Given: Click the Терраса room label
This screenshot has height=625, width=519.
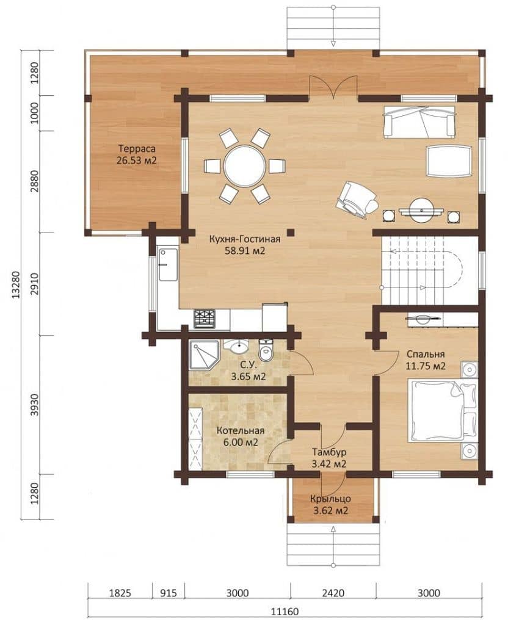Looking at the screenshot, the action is pyautogui.click(x=137, y=149).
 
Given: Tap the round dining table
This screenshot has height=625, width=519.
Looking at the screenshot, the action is pyautogui.click(x=244, y=165).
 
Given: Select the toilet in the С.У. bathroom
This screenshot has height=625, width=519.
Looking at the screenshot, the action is pyautogui.click(x=265, y=350).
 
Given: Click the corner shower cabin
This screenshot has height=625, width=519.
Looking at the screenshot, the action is pyautogui.click(x=204, y=355).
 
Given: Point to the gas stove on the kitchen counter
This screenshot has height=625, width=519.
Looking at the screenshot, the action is pyautogui.click(x=205, y=319).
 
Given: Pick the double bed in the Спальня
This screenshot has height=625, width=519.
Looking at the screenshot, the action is pyautogui.click(x=442, y=411).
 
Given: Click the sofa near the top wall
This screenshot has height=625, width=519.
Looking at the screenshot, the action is pyautogui.click(x=419, y=121).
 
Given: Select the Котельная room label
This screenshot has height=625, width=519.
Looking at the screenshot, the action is pyautogui.click(x=241, y=431).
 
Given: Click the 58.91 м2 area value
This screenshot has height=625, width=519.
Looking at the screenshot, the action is pyautogui.click(x=245, y=251).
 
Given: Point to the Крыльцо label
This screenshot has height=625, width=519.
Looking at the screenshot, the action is pyautogui.click(x=330, y=499).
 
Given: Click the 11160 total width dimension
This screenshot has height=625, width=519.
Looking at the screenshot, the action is pyautogui.click(x=285, y=611).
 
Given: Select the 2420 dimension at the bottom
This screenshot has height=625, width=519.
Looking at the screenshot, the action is pyautogui.click(x=333, y=593).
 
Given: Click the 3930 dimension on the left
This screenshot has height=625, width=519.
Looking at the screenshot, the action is pyautogui.click(x=35, y=405).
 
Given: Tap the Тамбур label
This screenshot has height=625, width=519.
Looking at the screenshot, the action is pyautogui.click(x=329, y=452).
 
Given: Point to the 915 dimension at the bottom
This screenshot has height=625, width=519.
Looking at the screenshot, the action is pyautogui.click(x=169, y=593).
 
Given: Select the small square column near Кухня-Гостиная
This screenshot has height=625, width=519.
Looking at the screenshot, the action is pyautogui.click(x=292, y=232).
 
